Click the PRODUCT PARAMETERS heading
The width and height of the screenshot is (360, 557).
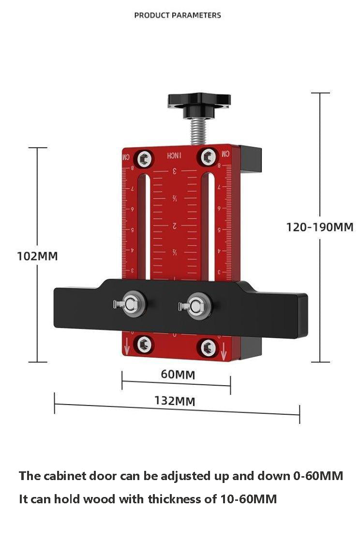point(178,15)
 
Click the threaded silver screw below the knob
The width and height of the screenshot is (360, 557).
point(198,131)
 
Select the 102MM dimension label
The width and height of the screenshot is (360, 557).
point(37,256)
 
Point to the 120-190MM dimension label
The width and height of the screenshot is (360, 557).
point(319,226)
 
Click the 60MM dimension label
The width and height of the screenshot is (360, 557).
point(178,374)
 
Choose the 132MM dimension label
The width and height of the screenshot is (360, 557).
point(175,401)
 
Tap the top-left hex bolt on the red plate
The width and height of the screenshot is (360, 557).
point(144,158)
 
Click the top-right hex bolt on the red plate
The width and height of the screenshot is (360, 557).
point(209,156)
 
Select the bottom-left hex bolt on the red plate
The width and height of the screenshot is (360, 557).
point(144,345)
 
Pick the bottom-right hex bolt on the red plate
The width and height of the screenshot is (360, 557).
point(209,347)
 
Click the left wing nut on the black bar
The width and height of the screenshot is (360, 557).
point(132,303)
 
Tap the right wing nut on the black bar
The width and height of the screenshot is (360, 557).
point(197,305)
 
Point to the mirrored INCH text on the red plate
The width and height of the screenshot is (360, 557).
point(174,156)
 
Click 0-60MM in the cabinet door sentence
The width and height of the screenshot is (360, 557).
point(318,476)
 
